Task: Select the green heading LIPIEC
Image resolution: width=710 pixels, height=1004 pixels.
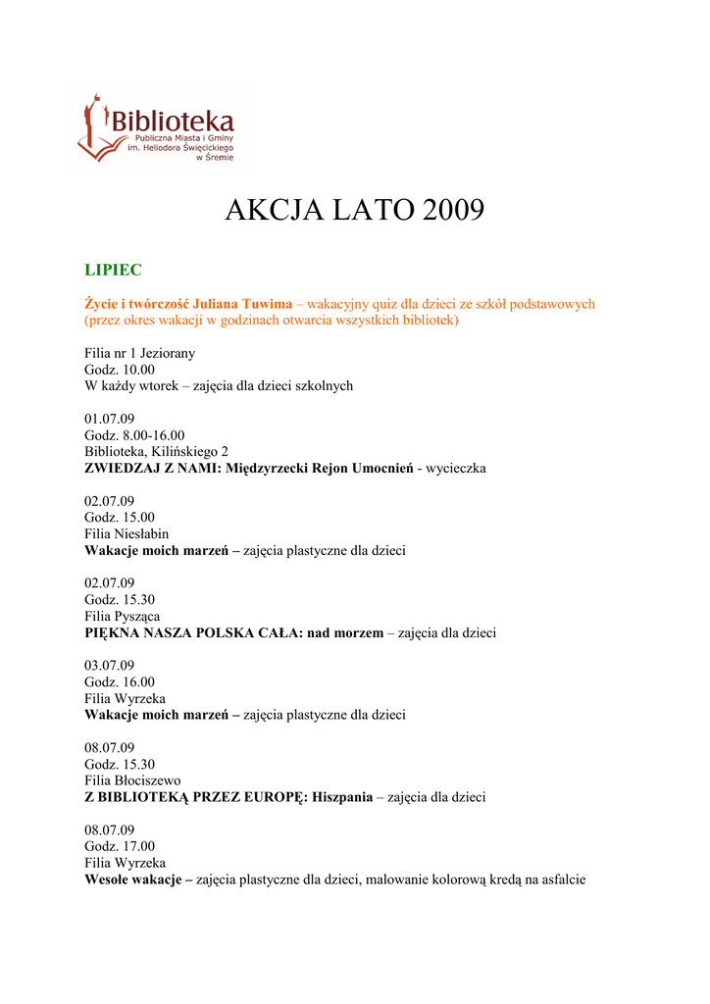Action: click(113, 270)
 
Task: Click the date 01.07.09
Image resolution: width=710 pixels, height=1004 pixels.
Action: click(109, 419)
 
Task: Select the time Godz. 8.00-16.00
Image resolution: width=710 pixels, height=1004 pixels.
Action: click(134, 435)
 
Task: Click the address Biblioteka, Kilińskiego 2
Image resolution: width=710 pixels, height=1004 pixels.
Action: click(156, 452)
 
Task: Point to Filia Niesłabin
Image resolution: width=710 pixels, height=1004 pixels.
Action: click(127, 534)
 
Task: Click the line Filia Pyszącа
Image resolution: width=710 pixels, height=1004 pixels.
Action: click(124, 617)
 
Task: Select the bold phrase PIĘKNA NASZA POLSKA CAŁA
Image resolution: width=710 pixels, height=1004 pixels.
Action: click(193, 633)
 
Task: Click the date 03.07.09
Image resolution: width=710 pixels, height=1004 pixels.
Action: click(109, 666)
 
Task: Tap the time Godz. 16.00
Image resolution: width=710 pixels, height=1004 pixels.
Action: click(120, 682)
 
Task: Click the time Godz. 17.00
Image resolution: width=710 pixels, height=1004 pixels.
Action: click(120, 847)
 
